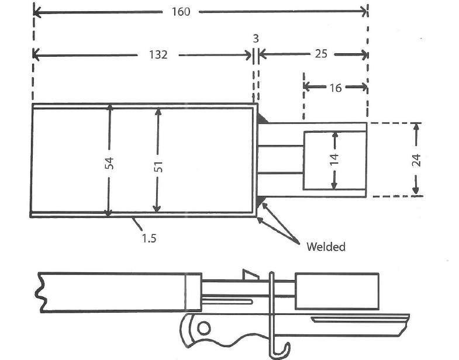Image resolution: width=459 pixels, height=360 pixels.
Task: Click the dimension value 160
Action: (181, 12)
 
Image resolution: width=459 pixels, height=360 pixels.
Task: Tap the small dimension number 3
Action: (256, 39)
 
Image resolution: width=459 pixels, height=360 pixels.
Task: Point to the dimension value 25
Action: (321, 54)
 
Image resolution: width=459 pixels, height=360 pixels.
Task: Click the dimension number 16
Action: (336, 88)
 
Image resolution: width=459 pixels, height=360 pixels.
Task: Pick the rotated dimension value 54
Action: (108, 163)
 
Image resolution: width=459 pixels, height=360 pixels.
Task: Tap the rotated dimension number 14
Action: (334, 160)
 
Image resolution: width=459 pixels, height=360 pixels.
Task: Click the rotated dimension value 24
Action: (416, 160)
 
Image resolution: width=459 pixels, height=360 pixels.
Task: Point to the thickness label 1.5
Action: (149, 238)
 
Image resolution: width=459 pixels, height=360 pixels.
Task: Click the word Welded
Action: (326, 247)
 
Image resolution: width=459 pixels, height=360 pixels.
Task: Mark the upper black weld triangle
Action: (263, 118)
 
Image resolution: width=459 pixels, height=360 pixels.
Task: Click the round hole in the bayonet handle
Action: (203, 328)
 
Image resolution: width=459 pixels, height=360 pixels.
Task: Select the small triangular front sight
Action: (250, 274)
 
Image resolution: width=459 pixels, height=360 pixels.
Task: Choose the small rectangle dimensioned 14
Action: (334, 160)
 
